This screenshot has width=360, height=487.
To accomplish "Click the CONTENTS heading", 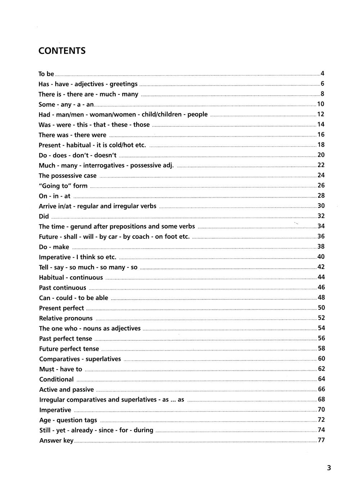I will click(62, 51).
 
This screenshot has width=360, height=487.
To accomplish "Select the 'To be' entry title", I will click(46, 74).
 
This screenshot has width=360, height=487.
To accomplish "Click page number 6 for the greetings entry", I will click(323, 84).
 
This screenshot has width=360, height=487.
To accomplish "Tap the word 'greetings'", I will click(123, 84).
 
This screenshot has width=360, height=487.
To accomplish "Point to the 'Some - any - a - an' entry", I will click(66, 104).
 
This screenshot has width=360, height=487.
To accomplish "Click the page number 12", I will click(321, 114).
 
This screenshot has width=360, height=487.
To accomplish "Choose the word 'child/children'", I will click(162, 115).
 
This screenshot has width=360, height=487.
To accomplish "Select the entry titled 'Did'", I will click(44, 216).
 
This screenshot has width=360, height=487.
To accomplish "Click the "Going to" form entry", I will click(63, 186).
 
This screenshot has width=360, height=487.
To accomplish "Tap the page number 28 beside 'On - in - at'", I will click(321, 196).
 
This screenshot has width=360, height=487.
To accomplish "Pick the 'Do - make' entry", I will click(54, 247).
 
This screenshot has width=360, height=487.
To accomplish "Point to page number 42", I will click(321, 267).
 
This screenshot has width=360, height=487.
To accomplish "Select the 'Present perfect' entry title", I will click(61, 308).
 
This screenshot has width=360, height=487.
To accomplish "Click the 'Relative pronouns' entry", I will click(66, 318).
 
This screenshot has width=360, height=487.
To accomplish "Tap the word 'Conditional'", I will click(56, 379).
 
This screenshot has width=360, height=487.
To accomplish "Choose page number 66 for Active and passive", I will click(321, 389).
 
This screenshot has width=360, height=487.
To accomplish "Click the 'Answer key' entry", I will click(56, 441).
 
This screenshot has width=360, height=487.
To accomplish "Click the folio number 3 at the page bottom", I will click(329, 468).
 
